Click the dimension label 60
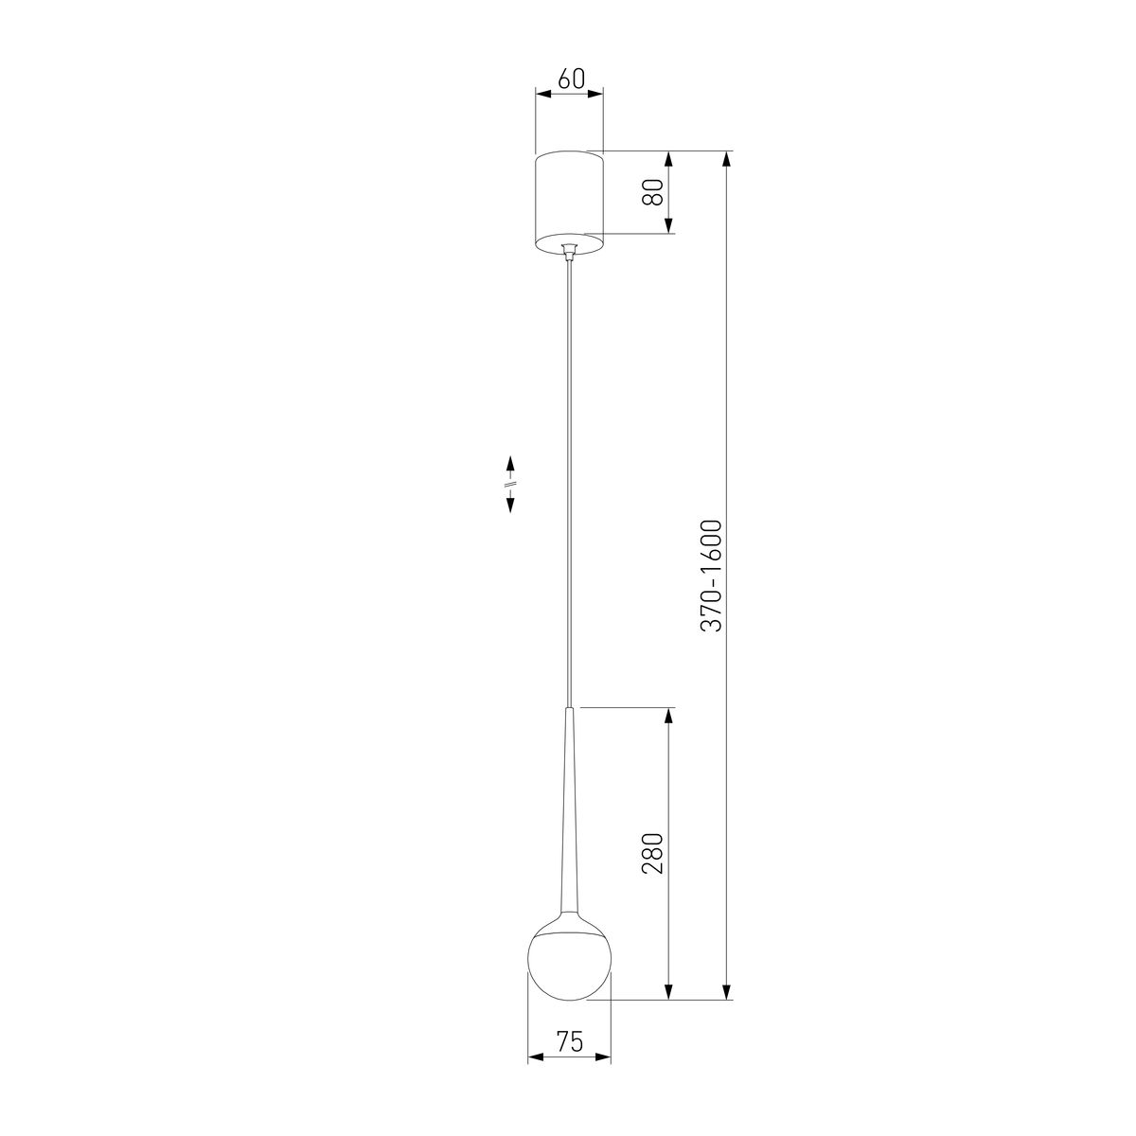click(x=570, y=79)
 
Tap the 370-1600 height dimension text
click(x=712, y=576)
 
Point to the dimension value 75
click(x=569, y=1043)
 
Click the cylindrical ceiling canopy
click(x=569, y=199)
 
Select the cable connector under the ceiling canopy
click(x=569, y=251)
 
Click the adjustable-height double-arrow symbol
click(x=510, y=484)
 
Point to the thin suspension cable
click(x=569, y=473)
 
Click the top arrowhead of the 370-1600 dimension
click(x=727, y=159)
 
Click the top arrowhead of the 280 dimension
click(x=669, y=716)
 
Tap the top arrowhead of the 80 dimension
click(x=669, y=159)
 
